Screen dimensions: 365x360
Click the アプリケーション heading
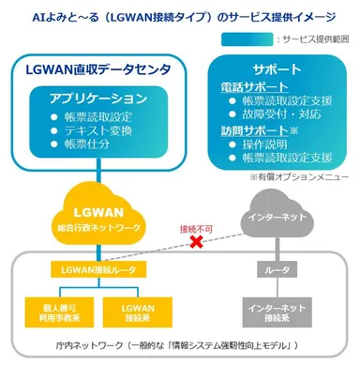click(89, 98)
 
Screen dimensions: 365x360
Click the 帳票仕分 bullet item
click(88, 147)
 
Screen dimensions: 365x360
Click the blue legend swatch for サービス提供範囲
click(248, 38)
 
